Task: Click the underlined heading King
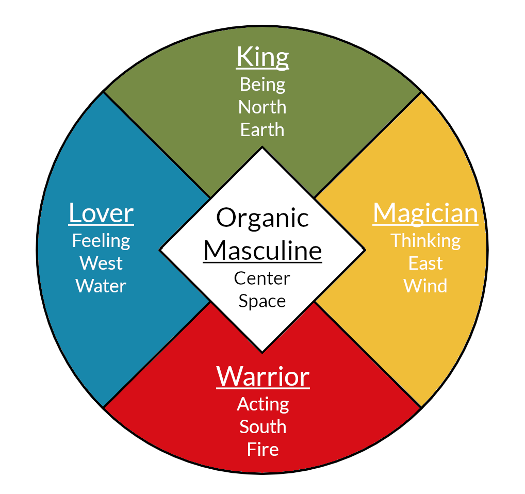(262, 58)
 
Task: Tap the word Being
(262, 84)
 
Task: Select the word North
(262, 107)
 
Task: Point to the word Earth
(262, 129)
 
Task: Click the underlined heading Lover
(101, 213)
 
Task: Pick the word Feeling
(101, 241)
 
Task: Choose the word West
(101, 264)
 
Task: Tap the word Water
(101, 286)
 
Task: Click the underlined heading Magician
(425, 213)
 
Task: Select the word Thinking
(425, 241)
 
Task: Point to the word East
(425, 264)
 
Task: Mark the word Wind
(425, 286)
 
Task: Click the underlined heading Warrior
(263, 376)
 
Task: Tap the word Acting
(263, 404)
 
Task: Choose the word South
(263, 426)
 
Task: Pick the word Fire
(263, 449)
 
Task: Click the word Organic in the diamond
(262, 219)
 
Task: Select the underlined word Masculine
(262, 251)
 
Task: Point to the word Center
(262, 278)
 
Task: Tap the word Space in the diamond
(262, 301)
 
